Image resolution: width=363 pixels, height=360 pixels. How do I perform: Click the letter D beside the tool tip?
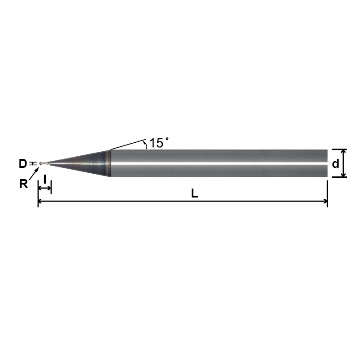tap(23, 164)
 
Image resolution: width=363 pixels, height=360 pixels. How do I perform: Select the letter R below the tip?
tap(23, 184)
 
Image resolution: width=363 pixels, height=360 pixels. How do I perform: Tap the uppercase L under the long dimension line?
tap(194, 193)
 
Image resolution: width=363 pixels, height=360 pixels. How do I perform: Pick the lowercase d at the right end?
tap(335, 164)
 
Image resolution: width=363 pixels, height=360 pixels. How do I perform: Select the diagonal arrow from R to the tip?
tap(33, 176)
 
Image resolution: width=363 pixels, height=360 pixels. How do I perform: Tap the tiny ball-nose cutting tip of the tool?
tap(41, 164)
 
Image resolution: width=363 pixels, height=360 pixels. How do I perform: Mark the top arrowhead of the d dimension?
tap(343, 152)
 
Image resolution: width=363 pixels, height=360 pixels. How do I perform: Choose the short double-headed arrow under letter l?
tap(45, 188)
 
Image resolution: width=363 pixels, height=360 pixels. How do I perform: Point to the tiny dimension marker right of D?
tap(31, 164)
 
